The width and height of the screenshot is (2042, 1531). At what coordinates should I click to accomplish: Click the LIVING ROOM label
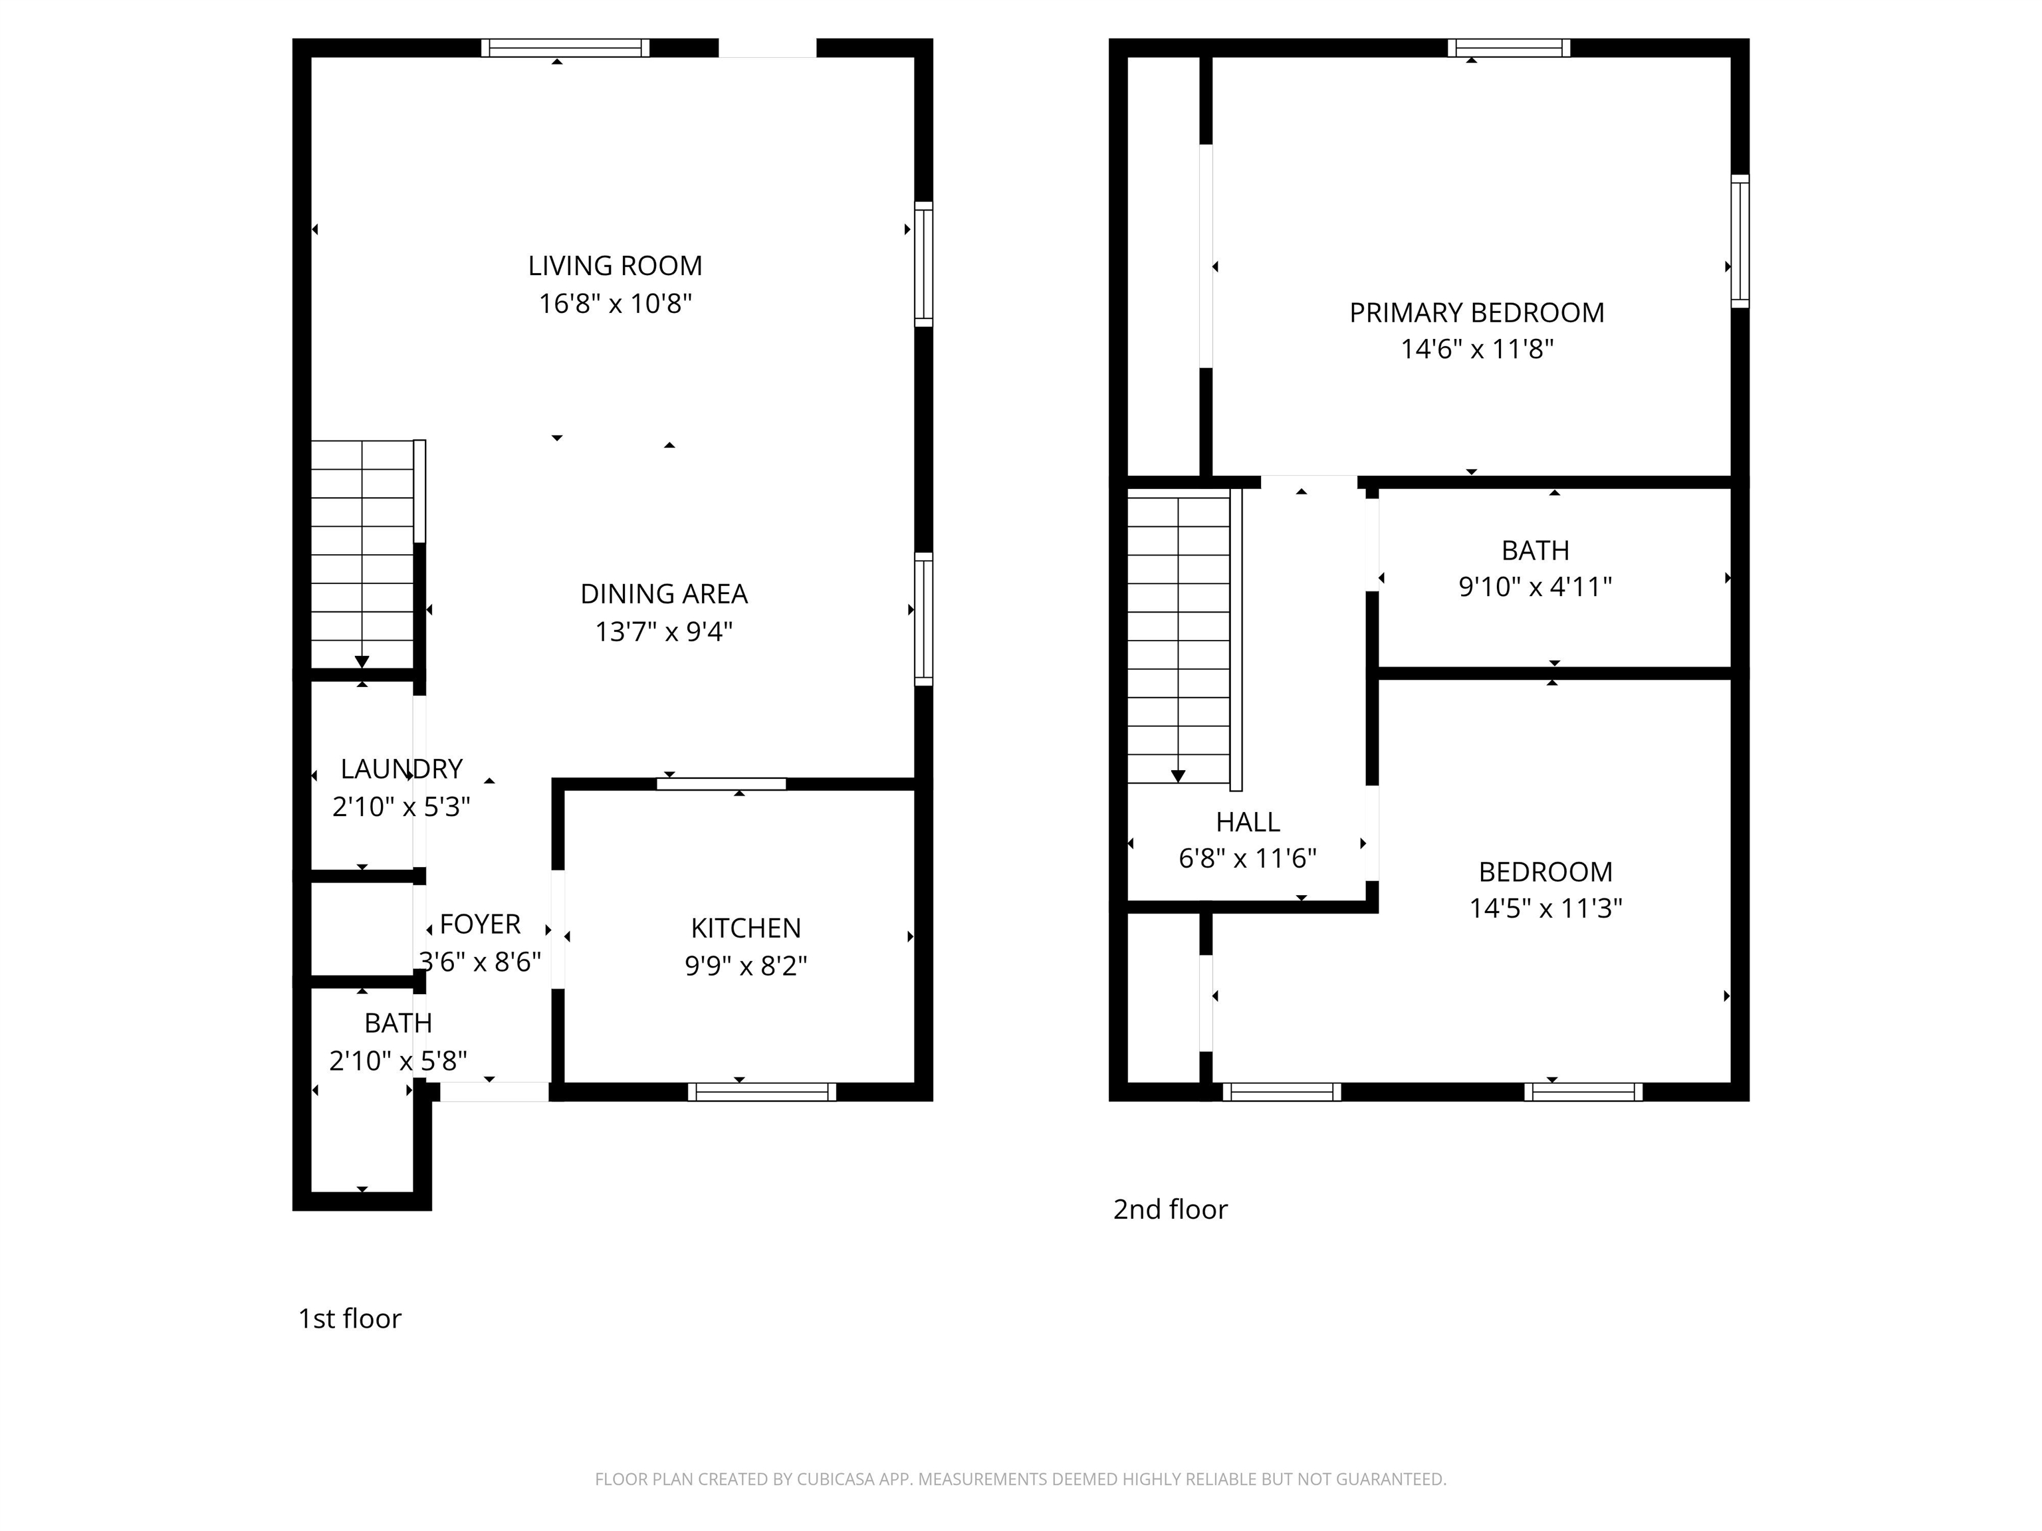615,266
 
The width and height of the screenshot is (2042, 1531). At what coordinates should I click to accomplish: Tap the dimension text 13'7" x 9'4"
664,632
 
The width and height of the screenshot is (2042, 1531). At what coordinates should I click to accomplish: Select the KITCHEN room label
746,928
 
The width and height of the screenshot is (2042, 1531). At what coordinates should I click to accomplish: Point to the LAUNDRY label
401,769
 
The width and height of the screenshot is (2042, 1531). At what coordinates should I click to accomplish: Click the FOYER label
480,924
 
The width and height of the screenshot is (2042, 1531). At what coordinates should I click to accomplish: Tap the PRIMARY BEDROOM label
1477,313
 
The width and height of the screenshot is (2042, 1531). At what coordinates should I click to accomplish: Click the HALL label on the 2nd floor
1248,821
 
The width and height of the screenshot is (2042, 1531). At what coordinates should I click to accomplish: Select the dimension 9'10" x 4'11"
1535,587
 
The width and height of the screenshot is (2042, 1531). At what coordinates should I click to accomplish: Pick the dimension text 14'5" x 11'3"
1546,909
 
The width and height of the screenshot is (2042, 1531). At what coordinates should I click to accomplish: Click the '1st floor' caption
350,1319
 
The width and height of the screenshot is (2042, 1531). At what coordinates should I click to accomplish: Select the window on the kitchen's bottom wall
762,1092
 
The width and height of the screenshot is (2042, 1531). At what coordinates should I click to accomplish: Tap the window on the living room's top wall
565,48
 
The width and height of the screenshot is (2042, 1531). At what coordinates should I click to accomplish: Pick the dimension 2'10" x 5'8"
399,1061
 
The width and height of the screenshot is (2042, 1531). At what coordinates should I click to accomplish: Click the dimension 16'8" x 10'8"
615,304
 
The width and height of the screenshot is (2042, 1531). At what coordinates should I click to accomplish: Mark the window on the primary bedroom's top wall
1508,48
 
